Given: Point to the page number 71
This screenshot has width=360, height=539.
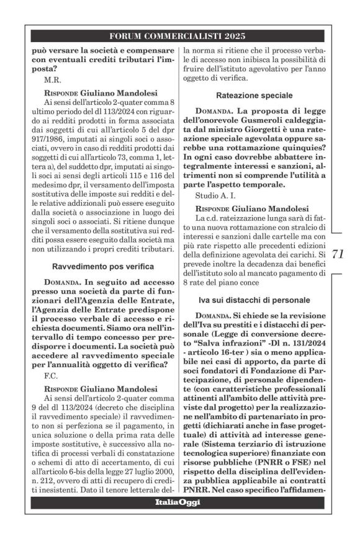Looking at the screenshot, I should [338, 254].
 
